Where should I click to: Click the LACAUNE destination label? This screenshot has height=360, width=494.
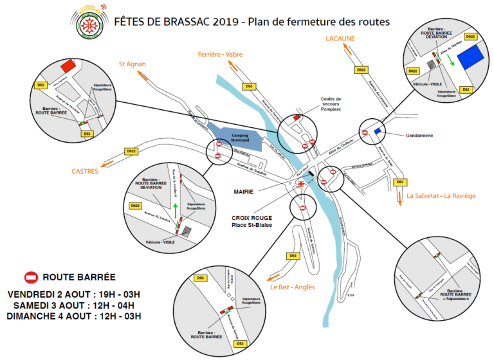pos(340,39)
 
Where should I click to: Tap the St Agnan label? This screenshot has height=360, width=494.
pos(132,64)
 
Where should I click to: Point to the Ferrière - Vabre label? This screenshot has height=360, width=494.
pos(221,54)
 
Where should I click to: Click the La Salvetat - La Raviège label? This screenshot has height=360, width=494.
pos(441,195)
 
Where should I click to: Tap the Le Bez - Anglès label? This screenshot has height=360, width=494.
pos(293,287)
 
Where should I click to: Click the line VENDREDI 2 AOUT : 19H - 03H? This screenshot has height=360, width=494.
pos(74,294)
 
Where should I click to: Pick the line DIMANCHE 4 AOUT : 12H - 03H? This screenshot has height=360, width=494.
pos(73,316)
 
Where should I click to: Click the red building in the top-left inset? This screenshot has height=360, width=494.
pos(68,65)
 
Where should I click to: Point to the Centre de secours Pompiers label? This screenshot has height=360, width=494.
pos(331,104)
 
